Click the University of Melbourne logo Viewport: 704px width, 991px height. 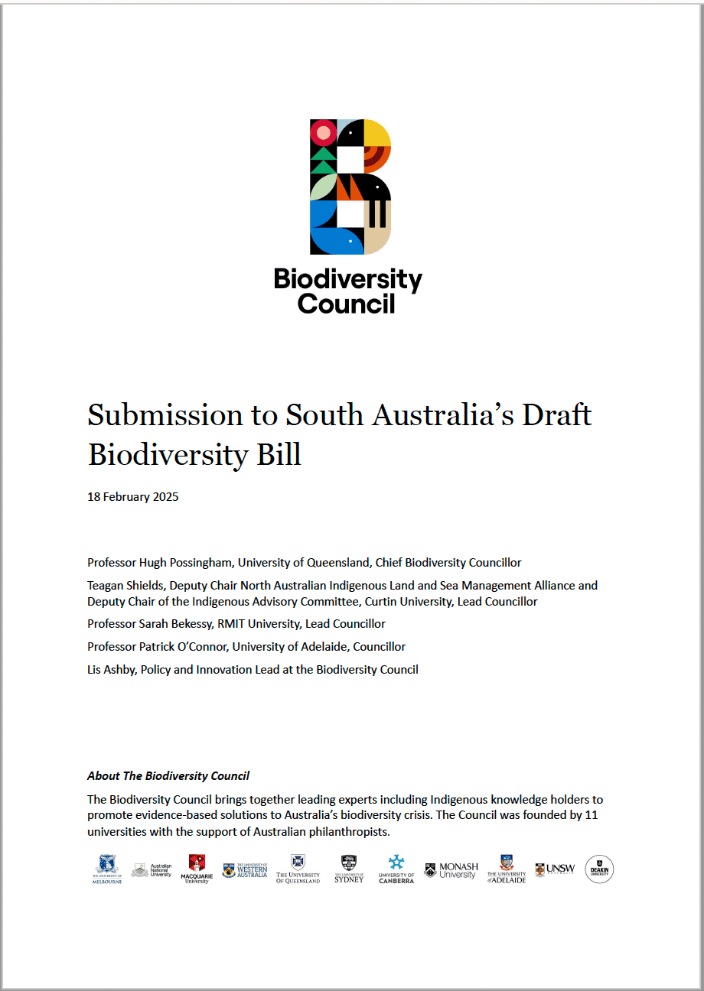click(107, 869)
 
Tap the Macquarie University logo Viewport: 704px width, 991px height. click(197, 869)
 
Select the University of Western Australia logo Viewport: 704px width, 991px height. click(245, 870)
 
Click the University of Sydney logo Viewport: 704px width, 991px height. click(349, 869)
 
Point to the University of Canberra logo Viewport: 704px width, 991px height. click(396, 869)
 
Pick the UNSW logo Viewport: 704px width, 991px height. click(555, 869)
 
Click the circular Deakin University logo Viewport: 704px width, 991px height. click(599, 869)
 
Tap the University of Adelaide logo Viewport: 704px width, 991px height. click(507, 869)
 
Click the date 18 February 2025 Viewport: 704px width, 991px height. click(133, 497)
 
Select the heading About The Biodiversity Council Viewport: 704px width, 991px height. click(168, 776)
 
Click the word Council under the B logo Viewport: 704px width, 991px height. click(347, 304)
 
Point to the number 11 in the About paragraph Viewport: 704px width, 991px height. click(591, 815)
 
